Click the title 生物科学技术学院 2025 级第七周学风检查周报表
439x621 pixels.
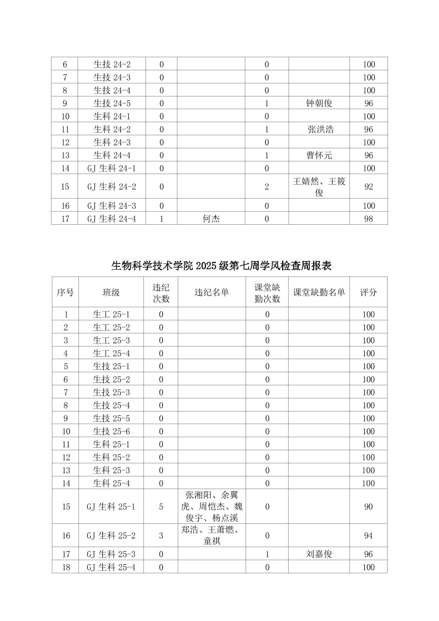(x=221, y=266)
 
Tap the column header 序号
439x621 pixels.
(x=65, y=292)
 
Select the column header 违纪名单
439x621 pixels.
(x=211, y=292)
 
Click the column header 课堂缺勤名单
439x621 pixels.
(x=319, y=292)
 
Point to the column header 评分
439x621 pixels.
(x=368, y=292)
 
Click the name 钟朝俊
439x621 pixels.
(x=319, y=103)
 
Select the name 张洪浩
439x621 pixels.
(x=320, y=130)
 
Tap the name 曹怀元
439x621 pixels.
(x=319, y=155)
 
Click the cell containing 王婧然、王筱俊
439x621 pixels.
(x=319, y=187)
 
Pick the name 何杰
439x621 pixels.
(x=211, y=219)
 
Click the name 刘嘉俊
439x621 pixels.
(x=319, y=554)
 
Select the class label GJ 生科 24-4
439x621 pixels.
(x=111, y=219)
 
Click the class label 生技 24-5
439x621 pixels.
(x=112, y=103)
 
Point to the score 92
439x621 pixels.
(x=368, y=187)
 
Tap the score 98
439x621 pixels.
(x=368, y=219)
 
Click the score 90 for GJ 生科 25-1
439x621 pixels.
(x=368, y=507)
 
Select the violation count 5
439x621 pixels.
(x=161, y=507)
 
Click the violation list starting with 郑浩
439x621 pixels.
(x=211, y=535)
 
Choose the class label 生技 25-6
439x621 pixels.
(x=111, y=431)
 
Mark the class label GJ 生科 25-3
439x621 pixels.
(x=111, y=554)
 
